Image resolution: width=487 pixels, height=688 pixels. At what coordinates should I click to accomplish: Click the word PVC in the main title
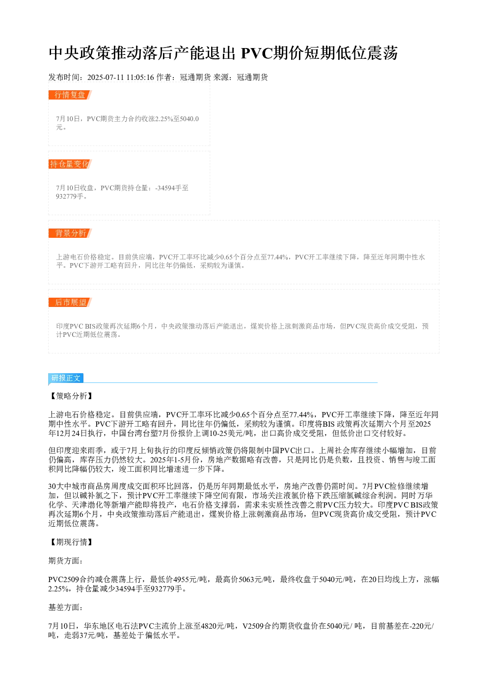256,53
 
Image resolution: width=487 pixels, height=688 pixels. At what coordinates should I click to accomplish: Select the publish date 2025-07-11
106,77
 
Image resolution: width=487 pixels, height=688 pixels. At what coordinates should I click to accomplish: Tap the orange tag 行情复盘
70,95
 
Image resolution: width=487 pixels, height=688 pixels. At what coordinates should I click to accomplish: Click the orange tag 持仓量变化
70,164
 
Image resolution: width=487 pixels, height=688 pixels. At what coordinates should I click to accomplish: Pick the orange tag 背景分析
70,233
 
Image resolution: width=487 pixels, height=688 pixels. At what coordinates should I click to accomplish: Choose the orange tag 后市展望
70,302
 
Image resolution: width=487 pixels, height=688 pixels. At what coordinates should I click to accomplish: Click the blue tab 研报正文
66,378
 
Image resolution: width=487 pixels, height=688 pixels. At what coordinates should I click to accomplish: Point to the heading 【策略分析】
71,396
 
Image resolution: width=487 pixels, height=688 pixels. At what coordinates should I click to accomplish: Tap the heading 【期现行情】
71,542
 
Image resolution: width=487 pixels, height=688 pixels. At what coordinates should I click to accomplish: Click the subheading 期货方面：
65,561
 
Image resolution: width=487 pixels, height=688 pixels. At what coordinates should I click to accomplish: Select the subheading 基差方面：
65,607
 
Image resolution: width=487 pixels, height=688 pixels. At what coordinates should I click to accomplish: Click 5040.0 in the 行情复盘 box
189,119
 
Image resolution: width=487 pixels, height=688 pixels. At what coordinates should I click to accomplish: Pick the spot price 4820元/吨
217,626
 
